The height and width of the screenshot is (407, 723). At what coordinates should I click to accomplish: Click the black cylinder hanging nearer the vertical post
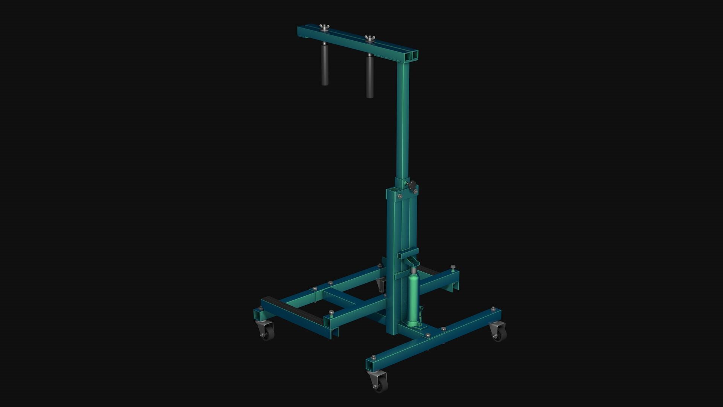[x=370, y=77]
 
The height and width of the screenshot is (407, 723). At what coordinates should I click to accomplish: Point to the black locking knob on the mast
[x=412, y=185]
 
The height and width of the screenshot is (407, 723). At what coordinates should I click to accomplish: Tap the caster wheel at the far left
[x=267, y=333]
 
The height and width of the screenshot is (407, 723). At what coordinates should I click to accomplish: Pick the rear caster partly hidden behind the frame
[x=381, y=285]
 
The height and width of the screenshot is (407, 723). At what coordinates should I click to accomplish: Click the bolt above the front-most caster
[x=373, y=357]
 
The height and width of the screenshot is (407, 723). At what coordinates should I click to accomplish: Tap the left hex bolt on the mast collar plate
[x=400, y=196]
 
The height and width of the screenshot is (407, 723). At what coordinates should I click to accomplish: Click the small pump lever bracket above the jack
[x=409, y=252]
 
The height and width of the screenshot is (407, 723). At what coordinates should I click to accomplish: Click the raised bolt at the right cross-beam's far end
[x=453, y=267]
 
